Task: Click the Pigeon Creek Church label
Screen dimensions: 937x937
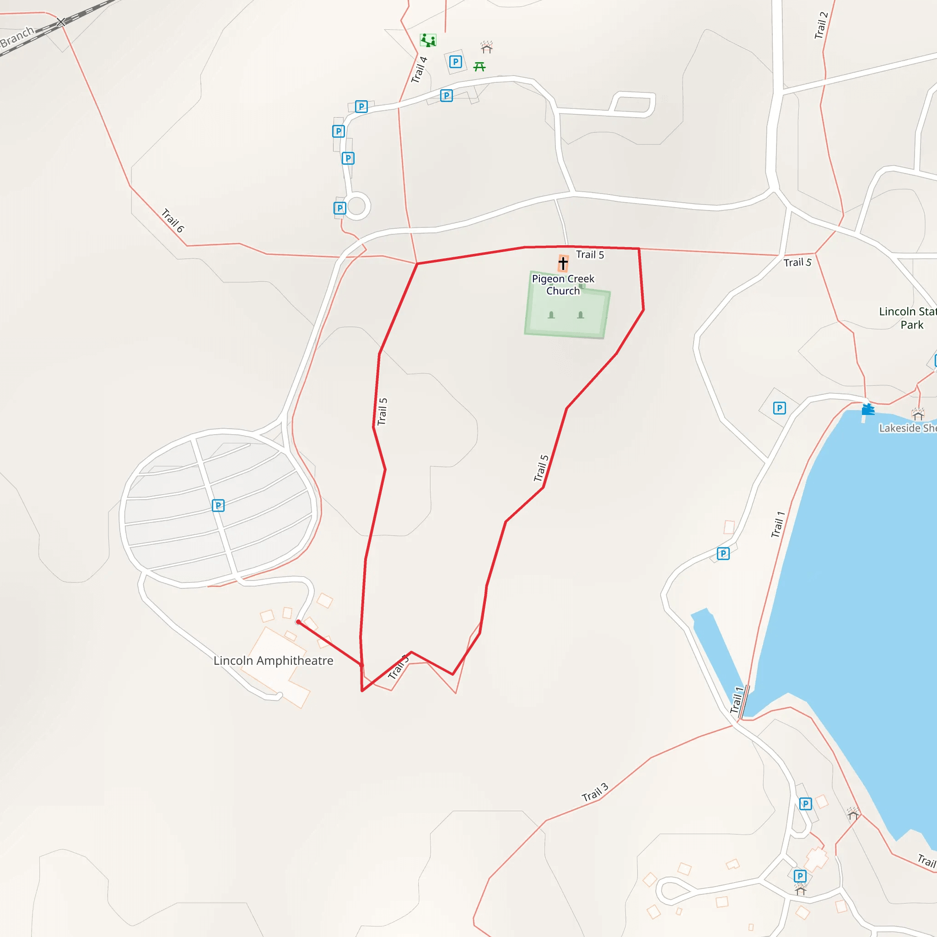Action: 563,285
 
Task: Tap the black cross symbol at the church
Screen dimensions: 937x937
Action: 563,264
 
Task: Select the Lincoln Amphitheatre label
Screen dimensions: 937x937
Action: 273,661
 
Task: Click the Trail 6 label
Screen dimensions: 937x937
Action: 172,220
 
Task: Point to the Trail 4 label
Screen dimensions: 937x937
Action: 419,70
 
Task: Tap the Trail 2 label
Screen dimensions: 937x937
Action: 821,25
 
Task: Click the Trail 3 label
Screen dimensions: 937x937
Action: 595,792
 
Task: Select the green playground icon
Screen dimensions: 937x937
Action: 428,40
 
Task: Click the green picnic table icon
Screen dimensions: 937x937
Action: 479,66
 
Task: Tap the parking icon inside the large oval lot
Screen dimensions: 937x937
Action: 218,506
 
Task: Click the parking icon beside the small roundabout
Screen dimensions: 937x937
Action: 339,208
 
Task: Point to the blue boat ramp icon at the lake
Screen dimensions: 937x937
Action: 867,410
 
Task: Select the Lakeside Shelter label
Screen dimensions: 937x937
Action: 907,428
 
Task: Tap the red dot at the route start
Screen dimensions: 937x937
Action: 298,622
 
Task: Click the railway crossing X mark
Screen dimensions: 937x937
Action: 61,22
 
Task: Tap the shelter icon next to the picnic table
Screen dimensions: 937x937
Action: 486,47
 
